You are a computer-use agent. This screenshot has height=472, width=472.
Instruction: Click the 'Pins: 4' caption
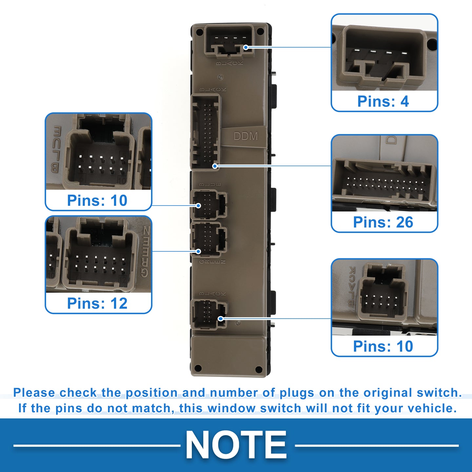click(x=383, y=102)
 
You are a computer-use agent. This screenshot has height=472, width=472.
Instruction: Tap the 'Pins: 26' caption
click(x=383, y=223)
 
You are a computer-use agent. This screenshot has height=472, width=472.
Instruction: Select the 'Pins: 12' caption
click(x=97, y=304)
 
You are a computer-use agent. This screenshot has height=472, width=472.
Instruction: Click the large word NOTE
click(x=236, y=445)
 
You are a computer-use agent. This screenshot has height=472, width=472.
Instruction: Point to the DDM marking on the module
click(x=246, y=136)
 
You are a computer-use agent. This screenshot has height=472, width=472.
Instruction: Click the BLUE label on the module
click(x=210, y=185)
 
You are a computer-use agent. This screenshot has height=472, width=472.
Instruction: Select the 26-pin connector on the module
click(x=206, y=131)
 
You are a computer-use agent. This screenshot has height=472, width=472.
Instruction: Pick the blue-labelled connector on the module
click(x=209, y=205)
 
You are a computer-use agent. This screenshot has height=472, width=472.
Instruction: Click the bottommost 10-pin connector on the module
click(x=209, y=314)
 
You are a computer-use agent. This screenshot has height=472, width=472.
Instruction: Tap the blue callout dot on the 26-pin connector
click(x=215, y=166)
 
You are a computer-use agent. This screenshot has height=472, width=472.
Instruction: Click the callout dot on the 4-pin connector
click(x=246, y=48)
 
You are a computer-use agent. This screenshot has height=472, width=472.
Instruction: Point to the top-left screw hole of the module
click(x=199, y=32)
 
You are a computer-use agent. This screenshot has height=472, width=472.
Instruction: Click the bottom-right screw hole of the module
click(x=259, y=370)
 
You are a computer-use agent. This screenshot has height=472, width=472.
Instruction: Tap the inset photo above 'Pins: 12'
click(x=98, y=254)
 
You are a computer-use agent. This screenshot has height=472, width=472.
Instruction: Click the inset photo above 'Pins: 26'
click(x=384, y=173)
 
